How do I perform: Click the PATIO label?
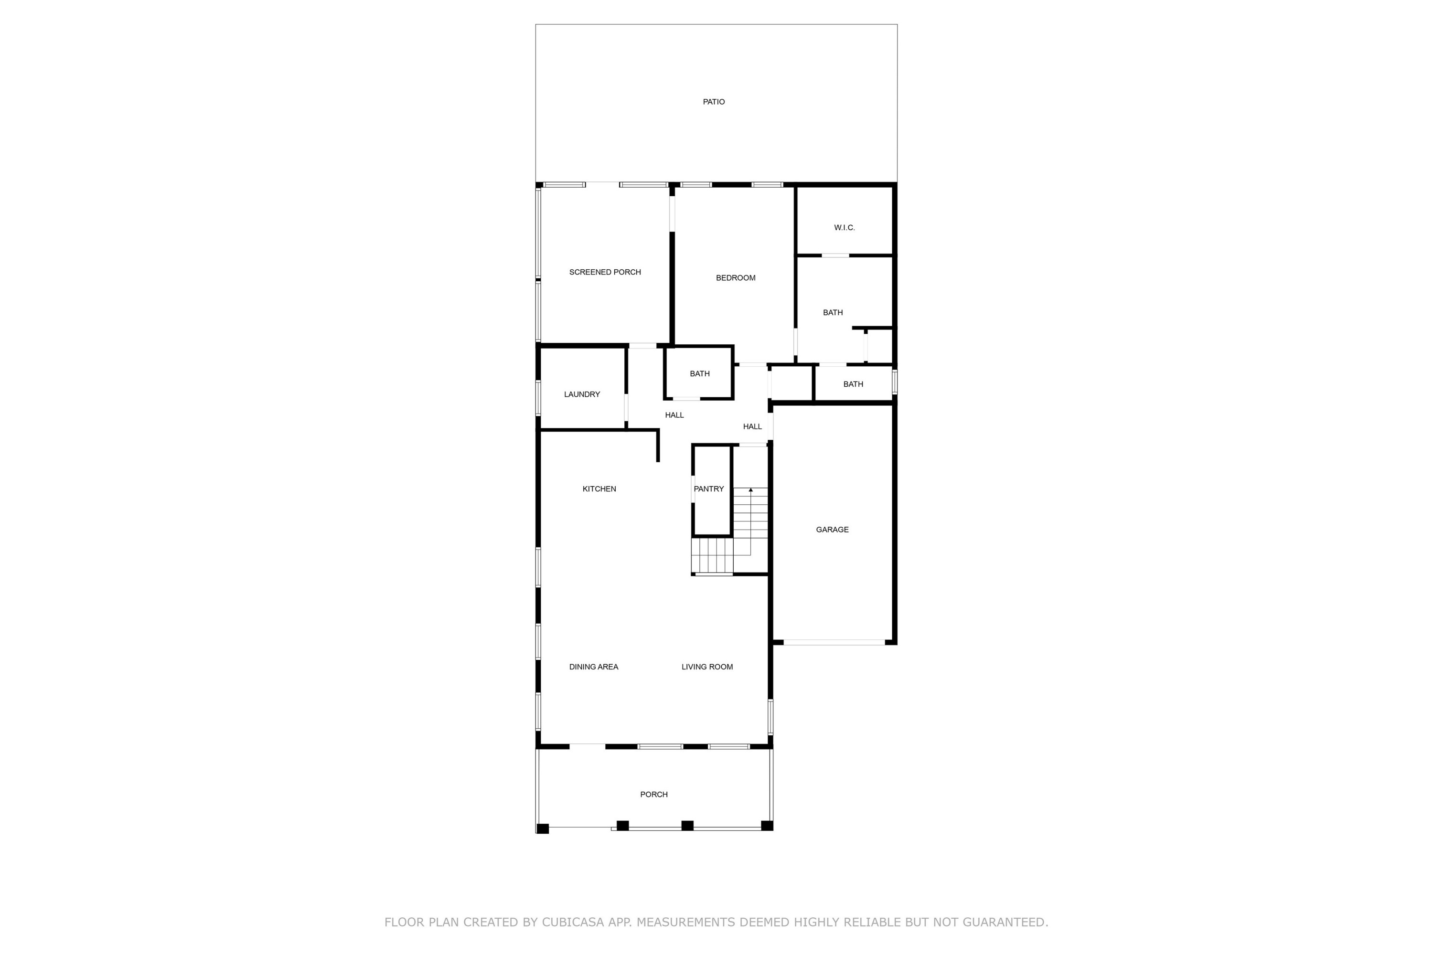click(x=714, y=102)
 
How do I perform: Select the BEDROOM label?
click(x=736, y=278)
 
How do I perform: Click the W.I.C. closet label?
click(x=844, y=228)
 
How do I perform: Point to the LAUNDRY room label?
click(x=582, y=395)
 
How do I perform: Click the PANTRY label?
click(x=708, y=489)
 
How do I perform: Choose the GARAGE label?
click(x=832, y=530)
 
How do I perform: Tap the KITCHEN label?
click(x=599, y=489)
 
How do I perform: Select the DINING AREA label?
click(x=593, y=667)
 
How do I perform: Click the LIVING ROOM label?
click(x=707, y=667)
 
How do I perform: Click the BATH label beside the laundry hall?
click(x=699, y=374)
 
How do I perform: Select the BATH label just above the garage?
click(x=853, y=384)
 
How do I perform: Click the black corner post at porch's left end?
click(x=542, y=828)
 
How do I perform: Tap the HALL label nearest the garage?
click(x=752, y=427)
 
